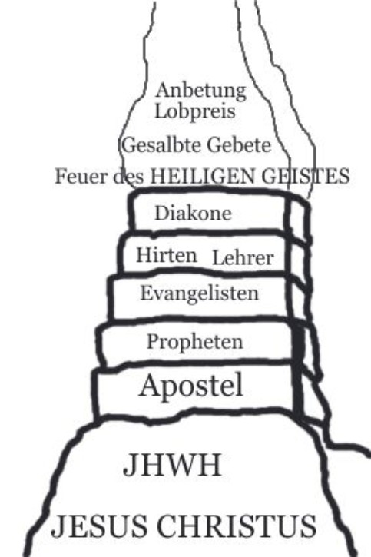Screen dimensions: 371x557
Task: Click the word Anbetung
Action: (200, 91)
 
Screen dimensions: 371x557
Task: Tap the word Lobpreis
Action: (195, 111)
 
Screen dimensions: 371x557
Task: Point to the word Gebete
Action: (239, 145)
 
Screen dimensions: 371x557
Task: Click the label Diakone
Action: (193, 214)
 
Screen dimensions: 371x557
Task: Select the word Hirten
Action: (167, 255)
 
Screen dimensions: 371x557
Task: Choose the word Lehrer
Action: (243, 258)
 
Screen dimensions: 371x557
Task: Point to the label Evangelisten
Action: (200, 293)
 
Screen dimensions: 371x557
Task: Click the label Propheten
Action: (195, 342)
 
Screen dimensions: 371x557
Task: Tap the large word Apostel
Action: (191, 386)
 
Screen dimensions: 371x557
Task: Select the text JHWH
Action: (173, 465)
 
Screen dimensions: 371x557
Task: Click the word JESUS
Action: (99, 526)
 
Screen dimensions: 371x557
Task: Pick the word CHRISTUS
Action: (237, 526)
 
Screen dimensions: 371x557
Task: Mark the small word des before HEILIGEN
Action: (128, 177)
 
